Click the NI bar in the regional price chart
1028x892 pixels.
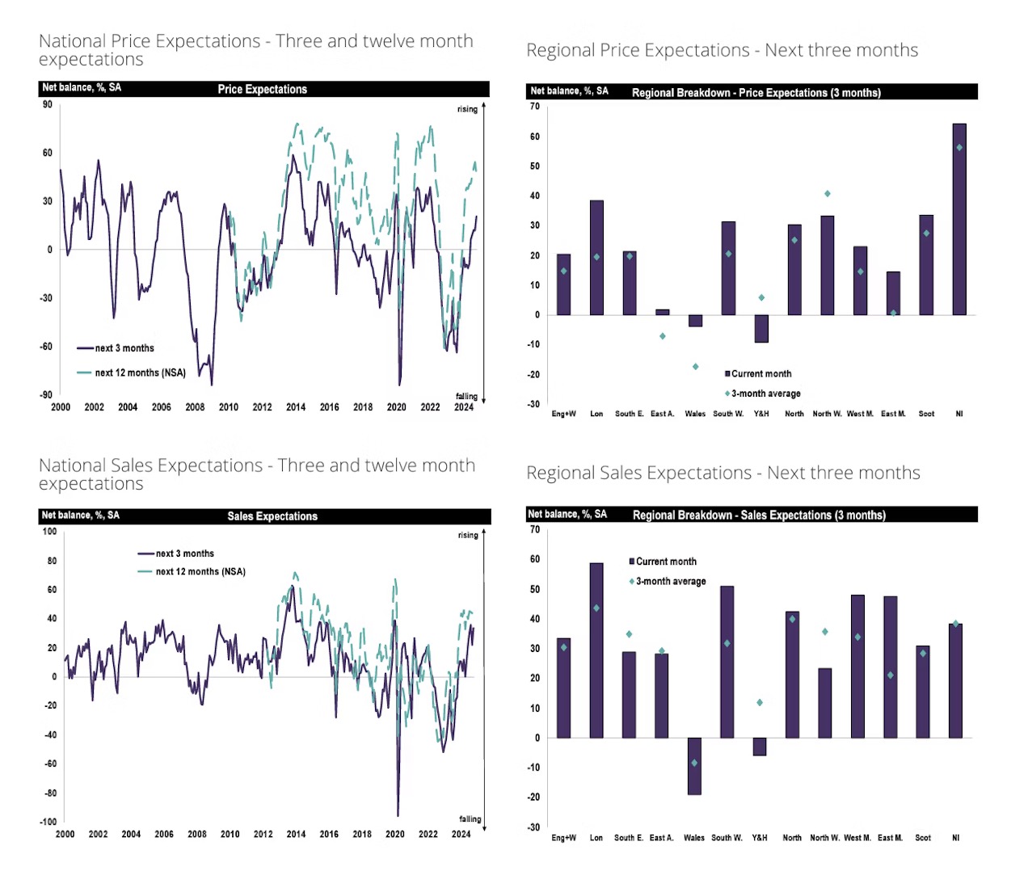959,219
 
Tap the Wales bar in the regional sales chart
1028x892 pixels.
694,766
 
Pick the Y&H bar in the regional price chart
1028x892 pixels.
761,328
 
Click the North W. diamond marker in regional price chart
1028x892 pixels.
828,194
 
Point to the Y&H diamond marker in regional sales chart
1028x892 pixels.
760,703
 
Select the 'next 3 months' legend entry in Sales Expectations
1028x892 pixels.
184,553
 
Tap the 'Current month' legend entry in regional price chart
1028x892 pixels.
760,373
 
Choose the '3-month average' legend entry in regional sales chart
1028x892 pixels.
670,581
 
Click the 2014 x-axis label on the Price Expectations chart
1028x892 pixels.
296,407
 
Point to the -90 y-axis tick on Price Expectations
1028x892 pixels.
47,395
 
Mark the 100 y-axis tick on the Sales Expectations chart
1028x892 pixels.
49,531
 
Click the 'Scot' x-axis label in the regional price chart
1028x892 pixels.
926,414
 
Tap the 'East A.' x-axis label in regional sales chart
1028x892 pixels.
661,838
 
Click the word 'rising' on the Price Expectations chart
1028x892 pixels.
467,109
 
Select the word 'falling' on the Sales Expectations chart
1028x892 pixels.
470,819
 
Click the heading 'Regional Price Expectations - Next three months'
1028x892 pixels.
722,50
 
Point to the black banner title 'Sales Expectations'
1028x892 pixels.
272,516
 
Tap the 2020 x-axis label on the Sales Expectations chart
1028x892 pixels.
395,834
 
